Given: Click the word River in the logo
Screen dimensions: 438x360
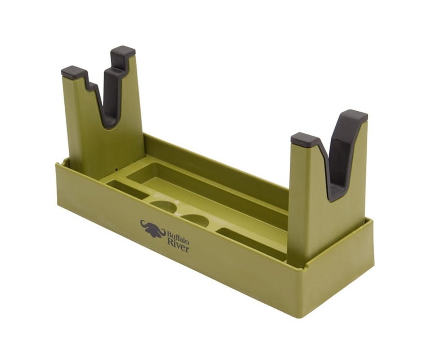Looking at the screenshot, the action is pyautogui.click(x=178, y=247).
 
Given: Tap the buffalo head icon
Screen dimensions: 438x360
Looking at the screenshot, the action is pyautogui.click(x=153, y=228).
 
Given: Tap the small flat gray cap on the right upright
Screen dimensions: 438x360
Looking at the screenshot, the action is pyautogui.click(x=304, y=139).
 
